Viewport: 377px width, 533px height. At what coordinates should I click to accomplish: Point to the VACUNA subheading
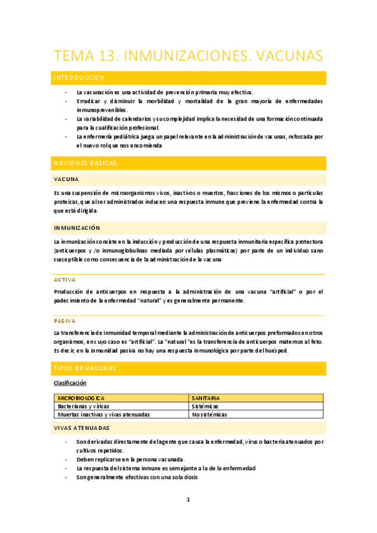66,179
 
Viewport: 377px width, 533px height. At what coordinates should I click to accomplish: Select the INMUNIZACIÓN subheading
77,227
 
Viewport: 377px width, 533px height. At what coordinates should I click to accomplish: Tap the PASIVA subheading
65,320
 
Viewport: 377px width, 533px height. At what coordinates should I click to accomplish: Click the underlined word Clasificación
70,383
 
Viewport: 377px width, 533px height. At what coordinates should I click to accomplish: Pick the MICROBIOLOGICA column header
81,398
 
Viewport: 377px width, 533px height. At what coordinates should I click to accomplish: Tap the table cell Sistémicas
206,407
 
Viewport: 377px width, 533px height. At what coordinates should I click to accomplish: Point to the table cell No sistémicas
210,415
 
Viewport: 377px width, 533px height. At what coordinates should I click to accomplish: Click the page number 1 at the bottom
188,500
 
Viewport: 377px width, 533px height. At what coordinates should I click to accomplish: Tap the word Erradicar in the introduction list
88,101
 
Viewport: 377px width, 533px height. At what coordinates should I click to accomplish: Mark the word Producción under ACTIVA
71,291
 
